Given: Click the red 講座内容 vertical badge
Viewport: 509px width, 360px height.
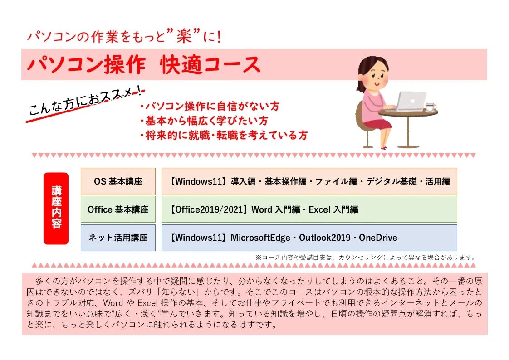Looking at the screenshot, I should point(56,209).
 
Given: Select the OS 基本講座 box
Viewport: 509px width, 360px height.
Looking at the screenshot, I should point(118,182).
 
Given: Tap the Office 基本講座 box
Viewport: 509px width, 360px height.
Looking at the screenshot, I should point(118,209).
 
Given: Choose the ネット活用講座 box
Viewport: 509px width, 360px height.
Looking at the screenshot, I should point(118,238).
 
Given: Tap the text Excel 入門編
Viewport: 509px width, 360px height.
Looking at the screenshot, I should point(333,209).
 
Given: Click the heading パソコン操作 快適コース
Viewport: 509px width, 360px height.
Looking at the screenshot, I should point(143,65).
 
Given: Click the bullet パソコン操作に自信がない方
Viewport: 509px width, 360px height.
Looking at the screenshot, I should point(210,107).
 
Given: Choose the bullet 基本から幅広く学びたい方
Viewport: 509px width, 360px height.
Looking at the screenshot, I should point(204,121).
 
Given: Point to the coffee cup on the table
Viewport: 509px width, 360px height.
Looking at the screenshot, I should point(429,107).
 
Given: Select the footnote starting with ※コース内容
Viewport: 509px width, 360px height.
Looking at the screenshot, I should point(365,257).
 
